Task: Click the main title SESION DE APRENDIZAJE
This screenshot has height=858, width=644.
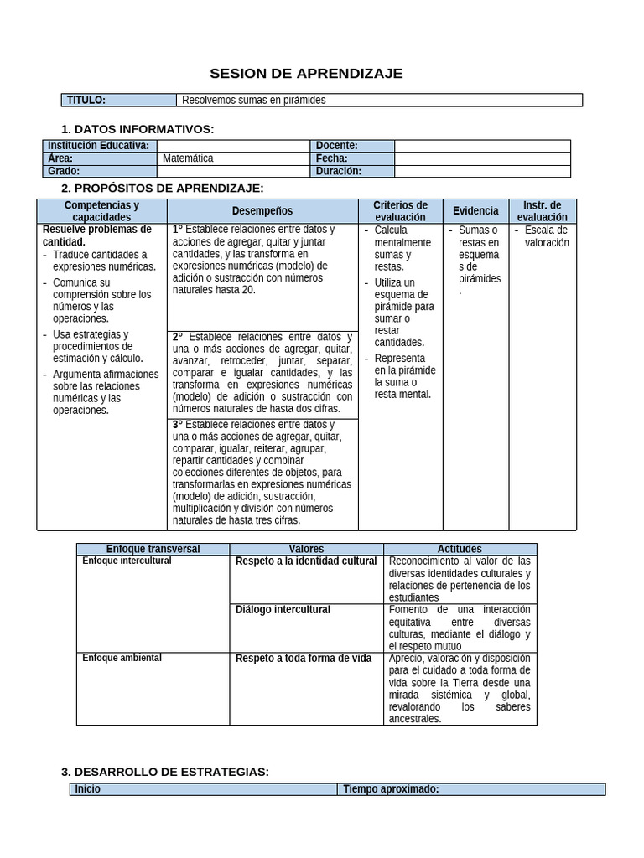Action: tap(305, 74)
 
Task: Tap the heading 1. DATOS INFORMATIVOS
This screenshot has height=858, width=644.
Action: tap(138, 129)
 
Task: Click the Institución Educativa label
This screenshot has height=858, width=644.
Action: tap(98, 146)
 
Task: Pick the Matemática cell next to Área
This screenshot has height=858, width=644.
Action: tap(188, 158)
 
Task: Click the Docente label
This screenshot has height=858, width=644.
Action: tap(337, 146)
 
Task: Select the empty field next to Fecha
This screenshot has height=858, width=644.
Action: tap(481, 158)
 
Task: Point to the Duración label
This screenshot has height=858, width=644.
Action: tap(339, 171)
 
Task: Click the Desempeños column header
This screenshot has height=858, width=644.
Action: tap(262, 211)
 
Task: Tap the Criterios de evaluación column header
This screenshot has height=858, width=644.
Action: tap(400, 211)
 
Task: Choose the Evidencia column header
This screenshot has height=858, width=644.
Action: tap(475, 211)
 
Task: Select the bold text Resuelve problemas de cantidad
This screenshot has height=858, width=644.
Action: tap(96, 235)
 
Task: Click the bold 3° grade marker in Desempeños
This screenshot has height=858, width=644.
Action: tap(178, 425)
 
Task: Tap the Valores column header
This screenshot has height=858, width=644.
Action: tap(306, 549)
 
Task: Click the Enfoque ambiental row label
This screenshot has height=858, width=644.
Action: tap(122, 659)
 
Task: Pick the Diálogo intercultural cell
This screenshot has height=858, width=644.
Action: tap(283, 610)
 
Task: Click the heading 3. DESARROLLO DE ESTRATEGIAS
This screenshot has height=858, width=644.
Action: tap(165, 772)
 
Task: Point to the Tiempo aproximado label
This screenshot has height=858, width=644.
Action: tap(391, 789)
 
